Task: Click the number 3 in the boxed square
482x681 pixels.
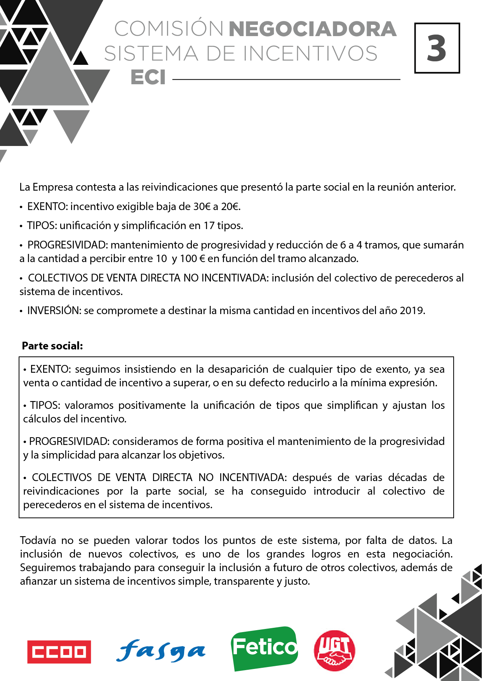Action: point(437,48)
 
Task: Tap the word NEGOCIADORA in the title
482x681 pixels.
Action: point(313,29)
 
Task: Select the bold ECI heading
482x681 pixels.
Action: point(148,77)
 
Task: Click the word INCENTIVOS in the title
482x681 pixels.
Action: point(310,54)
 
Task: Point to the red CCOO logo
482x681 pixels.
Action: point(59,652)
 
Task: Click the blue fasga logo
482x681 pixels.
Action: point(161,651)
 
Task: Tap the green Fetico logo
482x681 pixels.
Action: point(264,648)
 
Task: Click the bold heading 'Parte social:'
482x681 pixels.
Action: point(52,346)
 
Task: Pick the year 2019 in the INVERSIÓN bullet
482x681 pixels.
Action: point(412,311)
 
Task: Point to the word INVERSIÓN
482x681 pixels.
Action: point(53,311)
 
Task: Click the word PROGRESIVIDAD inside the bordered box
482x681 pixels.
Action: point(70,441)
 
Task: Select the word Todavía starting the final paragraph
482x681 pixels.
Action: point(37,540)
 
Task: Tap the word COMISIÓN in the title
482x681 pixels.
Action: point(169,29)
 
